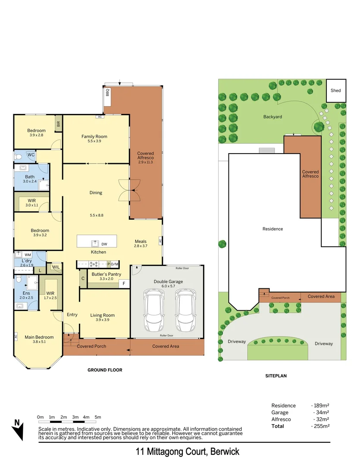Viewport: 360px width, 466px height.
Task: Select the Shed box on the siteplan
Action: point(335,91)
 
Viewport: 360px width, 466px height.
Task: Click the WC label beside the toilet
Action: point(31,154)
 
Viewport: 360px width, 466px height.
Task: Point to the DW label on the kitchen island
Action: point(104,244)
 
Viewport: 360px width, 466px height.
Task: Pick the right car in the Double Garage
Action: point(186,310)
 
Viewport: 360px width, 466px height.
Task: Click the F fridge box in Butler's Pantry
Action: point(124,283)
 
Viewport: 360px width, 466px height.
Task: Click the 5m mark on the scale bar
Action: point(98,417)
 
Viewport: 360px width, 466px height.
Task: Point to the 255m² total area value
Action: point(320,426)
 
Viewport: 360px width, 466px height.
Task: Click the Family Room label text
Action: point(94,136)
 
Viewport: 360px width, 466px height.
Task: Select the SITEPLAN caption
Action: point(276,376)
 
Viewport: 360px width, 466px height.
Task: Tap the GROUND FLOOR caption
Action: point(105,370)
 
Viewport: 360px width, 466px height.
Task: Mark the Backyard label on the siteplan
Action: point(272,116)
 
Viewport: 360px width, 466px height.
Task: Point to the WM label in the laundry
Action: point(28,255)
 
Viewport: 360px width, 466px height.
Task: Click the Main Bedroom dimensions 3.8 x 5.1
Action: point(39,342)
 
